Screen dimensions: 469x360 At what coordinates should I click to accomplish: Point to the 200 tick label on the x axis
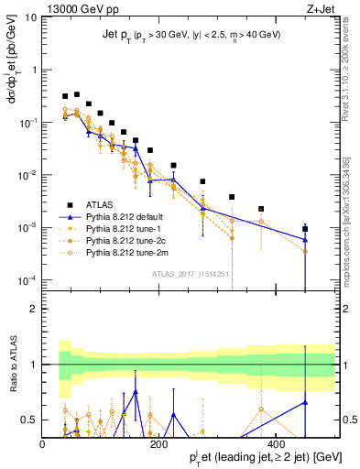click(x=158, y=443)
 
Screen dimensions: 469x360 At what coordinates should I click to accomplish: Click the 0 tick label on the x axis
click(x=42, y=443)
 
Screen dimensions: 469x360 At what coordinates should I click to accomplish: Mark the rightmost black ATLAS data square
click(x=305, y=229)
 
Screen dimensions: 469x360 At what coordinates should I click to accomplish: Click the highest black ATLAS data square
click(x=77, y=93)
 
